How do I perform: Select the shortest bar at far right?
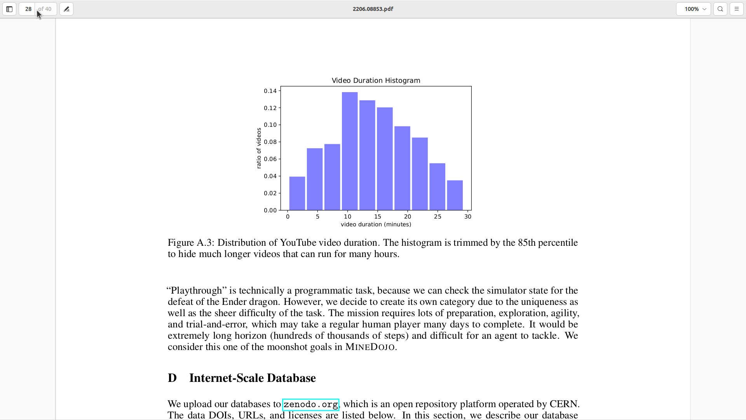(455, 195)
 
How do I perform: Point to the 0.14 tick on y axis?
(270, 91)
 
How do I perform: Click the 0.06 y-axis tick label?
(270, 159)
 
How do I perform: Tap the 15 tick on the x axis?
(378, 217)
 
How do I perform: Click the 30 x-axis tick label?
(468, 217)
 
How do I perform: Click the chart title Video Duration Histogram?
(376, 80)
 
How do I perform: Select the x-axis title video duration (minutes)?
(376, 224)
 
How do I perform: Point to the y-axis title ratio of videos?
(259, 148)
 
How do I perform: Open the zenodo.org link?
(310, 404)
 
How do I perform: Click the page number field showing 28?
(28, 9)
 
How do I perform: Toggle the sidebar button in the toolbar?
(9, 9)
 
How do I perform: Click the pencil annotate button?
(66, 9)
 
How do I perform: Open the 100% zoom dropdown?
(694, 9)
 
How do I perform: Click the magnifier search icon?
(720, 9)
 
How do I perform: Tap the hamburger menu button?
(737, 9)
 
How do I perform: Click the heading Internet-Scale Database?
(252, 378)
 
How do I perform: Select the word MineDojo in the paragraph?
(370, 347)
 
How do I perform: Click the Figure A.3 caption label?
(190, 243)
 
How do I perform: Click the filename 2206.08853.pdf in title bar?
(373, 9)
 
